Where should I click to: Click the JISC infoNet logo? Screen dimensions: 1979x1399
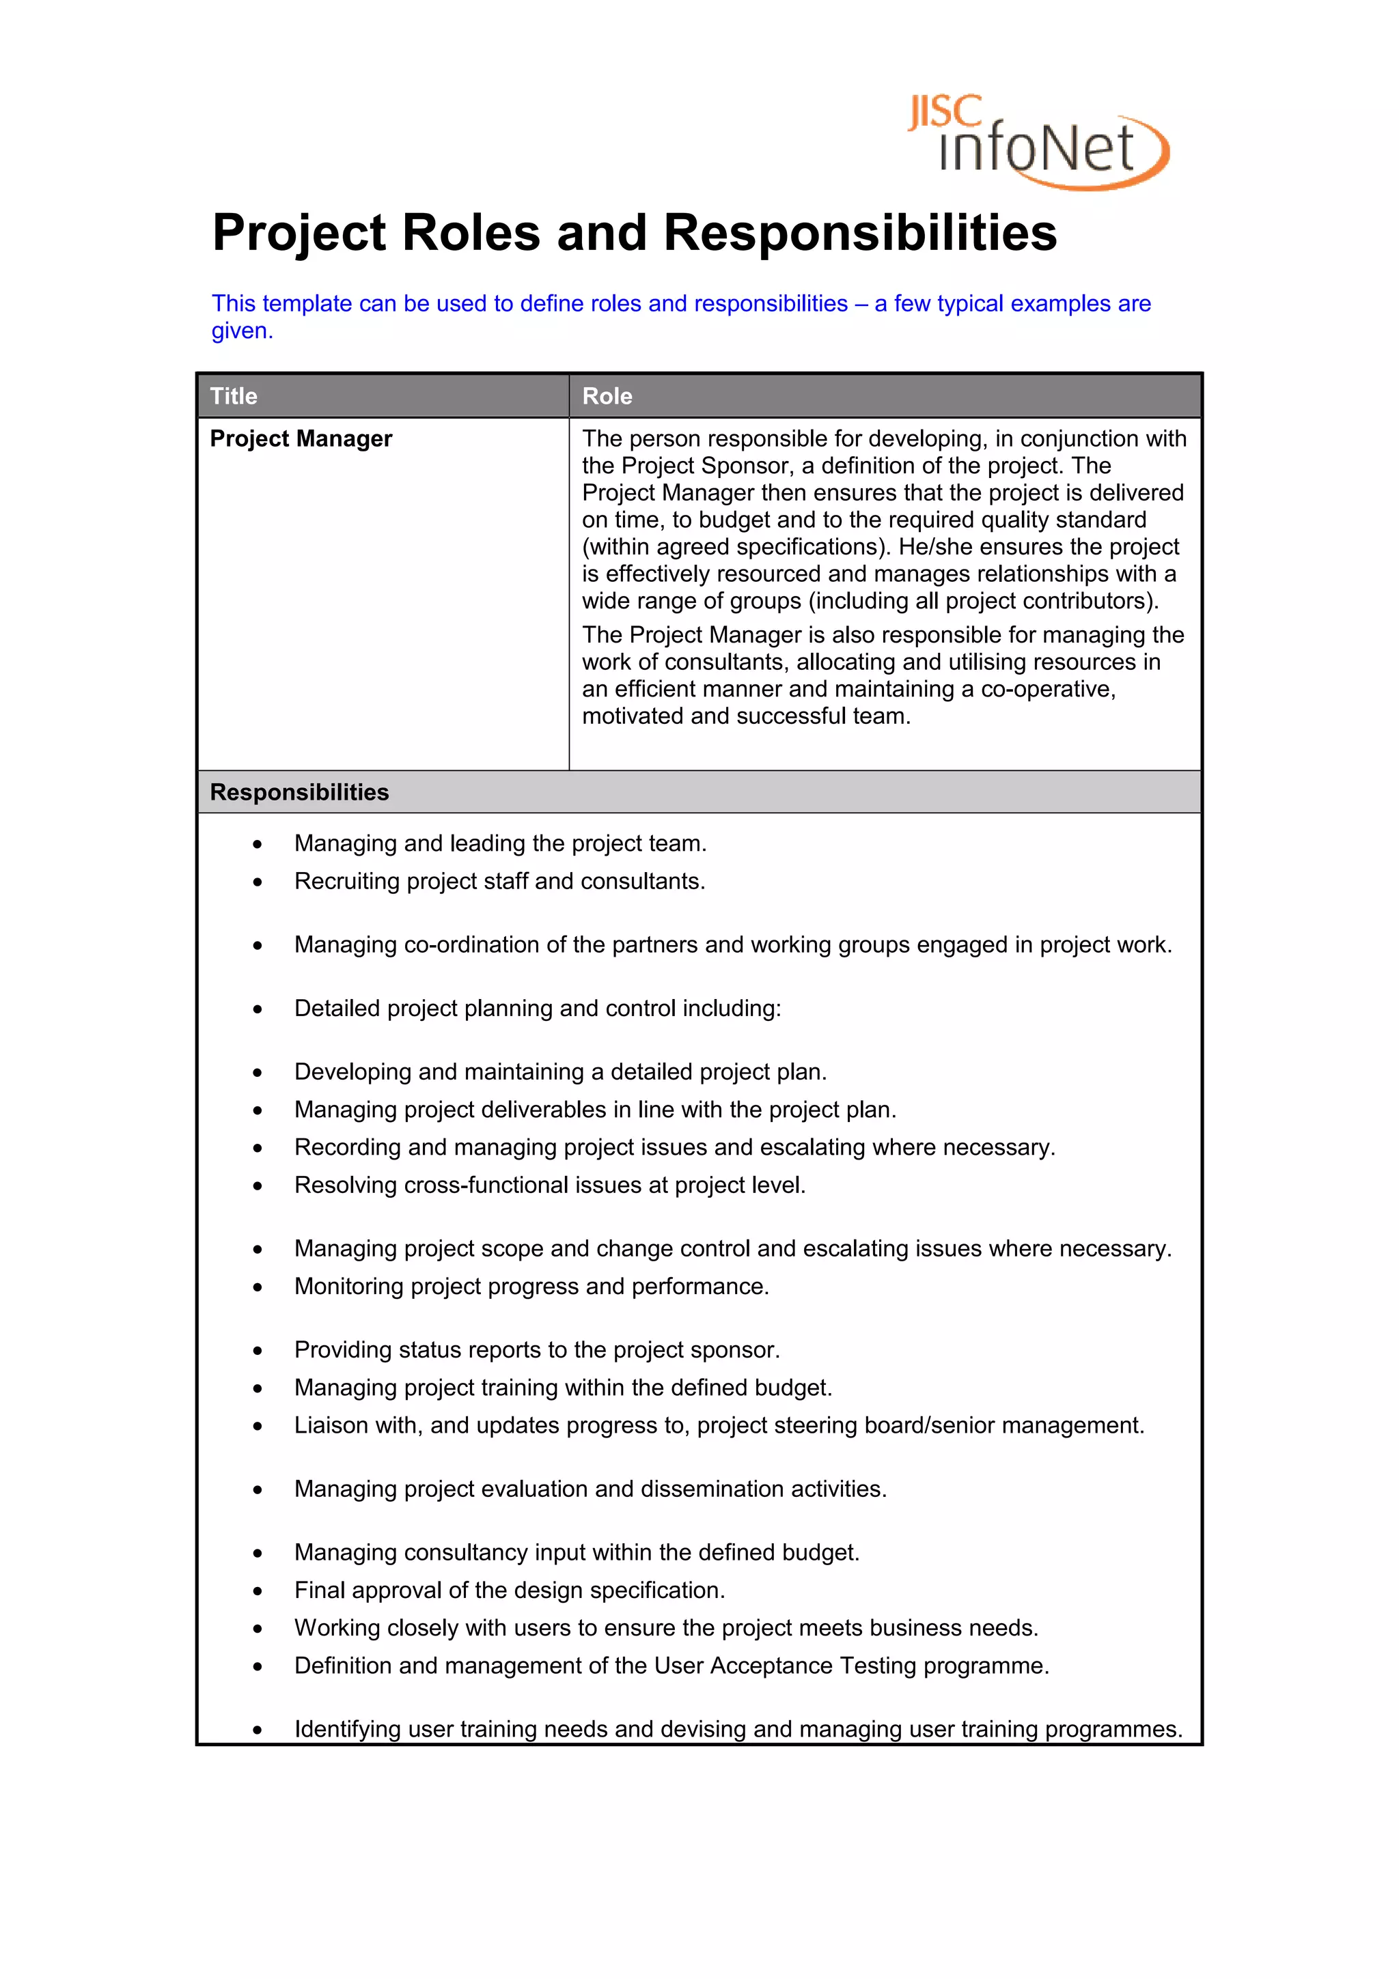click(x=1037, y=141)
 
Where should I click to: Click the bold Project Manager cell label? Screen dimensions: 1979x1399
click(x=301, y=438)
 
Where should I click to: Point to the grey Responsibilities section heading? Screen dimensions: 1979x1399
click(x=299, y=792)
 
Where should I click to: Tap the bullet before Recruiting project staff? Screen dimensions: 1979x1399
click(x=258, y=882)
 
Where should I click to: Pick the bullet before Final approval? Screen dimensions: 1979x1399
click(x=258, y=1591)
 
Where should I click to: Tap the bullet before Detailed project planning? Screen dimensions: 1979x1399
click(x=258, y=1009)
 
